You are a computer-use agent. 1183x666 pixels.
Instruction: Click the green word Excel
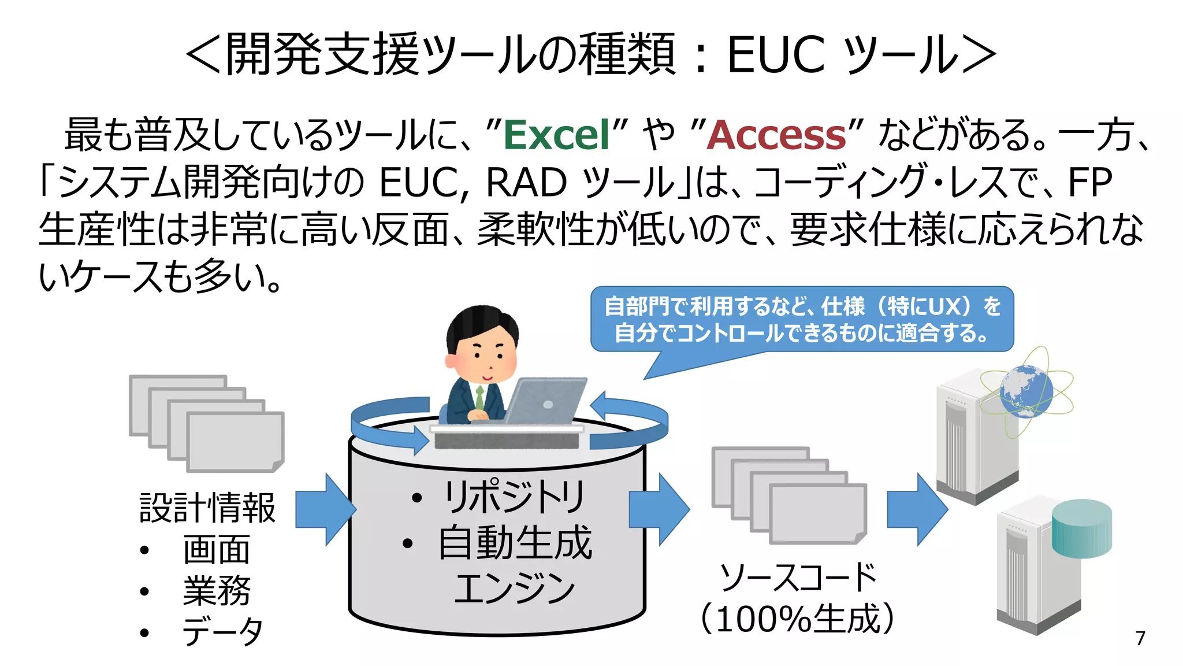pyautogui.click(x=557, y=135)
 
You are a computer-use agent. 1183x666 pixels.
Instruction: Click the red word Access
pyautogui.click(x=776, y=135)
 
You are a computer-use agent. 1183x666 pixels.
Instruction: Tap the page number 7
pyautogui.click(x=1140, y=638)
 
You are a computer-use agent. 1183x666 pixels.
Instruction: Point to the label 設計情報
pyautogui.click(x=207, y=508)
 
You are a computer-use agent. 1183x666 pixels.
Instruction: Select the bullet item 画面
pyautogui.click(x=217, y=550)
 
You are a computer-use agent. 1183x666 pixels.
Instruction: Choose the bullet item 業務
pyautogui.click(x=217, y=591)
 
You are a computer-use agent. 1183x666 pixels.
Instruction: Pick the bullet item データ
pyautogui.click(x=222, y=631)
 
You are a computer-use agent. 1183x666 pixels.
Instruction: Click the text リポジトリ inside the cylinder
pyautogui.click(x=514, y=497)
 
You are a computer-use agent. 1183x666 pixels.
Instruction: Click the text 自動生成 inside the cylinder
pyautogui.click(x=515, y=543)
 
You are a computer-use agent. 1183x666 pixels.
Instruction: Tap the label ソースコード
pyautogui.click(x=798, y=577)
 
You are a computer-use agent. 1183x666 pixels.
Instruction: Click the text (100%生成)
pyautogui.click(x=798, y=619)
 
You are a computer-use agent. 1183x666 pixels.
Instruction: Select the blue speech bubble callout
pyautogui.click(x=802, y=320)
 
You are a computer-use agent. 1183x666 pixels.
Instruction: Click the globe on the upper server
pyautogui.click(x=1026, y=391)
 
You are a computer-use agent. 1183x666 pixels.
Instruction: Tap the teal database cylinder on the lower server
pyautogui.click(x=1081, y=528)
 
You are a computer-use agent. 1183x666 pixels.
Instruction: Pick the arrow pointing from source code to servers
pyautogui.click(x=917, y=509)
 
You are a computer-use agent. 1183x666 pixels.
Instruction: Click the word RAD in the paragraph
pyautogui.click(x=526, y=183)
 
